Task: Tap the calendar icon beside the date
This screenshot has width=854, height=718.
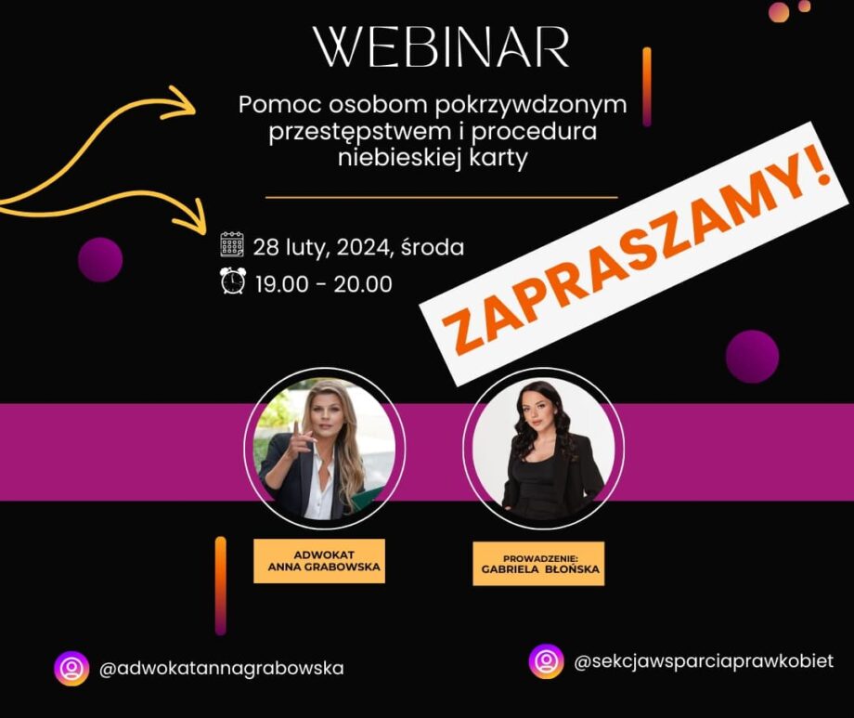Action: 232,244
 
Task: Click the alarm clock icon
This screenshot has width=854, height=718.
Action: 233,281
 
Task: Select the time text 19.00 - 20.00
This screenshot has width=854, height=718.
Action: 324,284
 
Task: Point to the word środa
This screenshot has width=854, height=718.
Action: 433,247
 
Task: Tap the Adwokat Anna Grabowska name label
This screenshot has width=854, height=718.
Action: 319,561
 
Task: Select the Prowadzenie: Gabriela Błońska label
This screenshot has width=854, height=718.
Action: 538,564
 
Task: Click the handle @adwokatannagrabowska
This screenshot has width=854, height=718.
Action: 222,669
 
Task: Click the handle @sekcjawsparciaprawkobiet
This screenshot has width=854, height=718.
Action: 704,661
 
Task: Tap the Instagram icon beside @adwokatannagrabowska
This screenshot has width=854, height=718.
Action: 71,669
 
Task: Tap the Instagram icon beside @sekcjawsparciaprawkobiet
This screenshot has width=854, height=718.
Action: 546,661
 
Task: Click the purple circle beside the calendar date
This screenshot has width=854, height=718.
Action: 100,259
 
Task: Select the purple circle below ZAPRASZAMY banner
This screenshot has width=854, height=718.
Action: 752,357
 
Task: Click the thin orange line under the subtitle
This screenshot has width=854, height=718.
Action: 442,197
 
